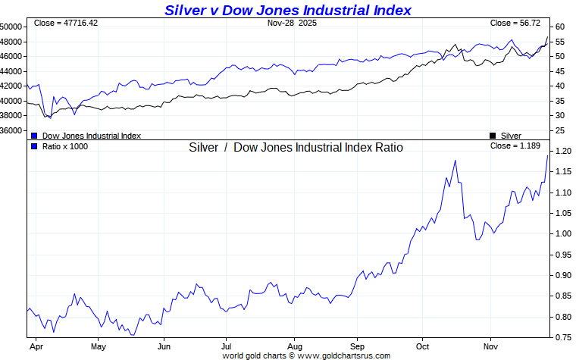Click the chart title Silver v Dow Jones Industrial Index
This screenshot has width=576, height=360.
[x=288, y=10]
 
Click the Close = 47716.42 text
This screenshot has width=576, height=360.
[x=66, y=23]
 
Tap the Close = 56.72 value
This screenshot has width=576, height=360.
[x=515, y=23]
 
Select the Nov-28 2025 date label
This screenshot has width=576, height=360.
[x=292, y=23]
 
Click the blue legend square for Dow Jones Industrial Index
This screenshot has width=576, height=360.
[x=34, y=136]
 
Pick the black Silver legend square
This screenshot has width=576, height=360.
[x=493, y=136]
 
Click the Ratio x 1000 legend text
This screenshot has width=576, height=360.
[x=65, y=146]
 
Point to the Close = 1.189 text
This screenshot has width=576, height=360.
[x=515, y=146]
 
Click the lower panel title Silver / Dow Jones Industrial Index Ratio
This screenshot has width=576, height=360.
[x=296, y=147]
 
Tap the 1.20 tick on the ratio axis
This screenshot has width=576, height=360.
[x=562, y=151]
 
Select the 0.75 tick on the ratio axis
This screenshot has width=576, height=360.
[x=562, y=337]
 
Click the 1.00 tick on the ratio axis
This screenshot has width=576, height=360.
[x=562, y=233]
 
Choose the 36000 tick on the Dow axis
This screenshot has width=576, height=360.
[x=11, y=130]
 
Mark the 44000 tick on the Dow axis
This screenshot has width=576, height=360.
[x=11, y=71]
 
